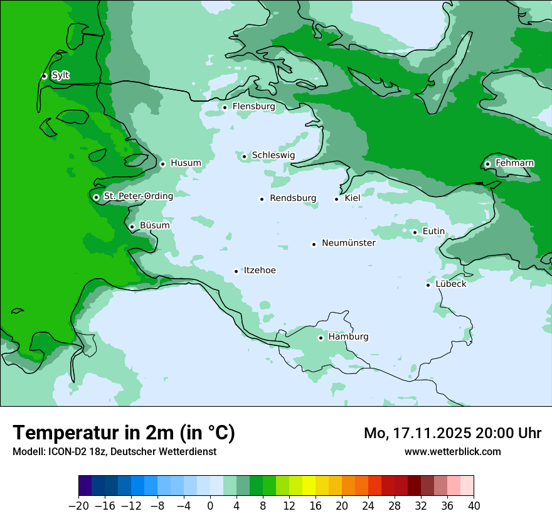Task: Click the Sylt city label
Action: [60, 75]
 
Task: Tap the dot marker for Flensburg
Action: [225, 107]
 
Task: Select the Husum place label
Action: [186, 163]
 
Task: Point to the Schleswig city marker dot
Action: [244, 156]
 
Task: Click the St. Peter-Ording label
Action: [138, 196]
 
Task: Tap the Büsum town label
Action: [154, 225]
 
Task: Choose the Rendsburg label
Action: [293, 198]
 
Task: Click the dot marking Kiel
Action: [337, 199]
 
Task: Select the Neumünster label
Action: [349, 243]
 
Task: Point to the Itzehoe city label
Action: [260, 271]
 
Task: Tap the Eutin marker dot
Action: [415, 232]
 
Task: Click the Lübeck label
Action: [451, 284]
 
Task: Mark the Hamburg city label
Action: [348, 336]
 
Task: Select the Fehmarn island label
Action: [514, 163]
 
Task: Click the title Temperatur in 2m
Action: [124, 432]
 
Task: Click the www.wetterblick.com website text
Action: [452, 451]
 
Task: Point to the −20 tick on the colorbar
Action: [79, 506]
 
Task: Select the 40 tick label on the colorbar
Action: [474, 506]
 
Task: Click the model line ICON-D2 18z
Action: [114, 451]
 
